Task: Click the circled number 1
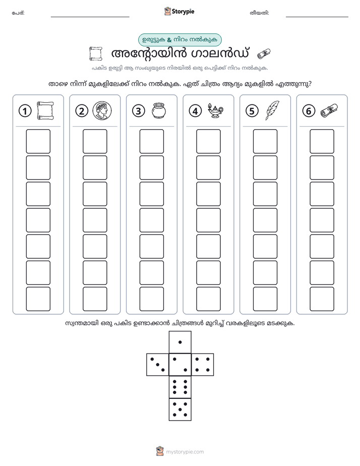pos(25,111)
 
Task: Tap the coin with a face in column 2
pos(102,111)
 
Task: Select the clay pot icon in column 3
pos(159,111)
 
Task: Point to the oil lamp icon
pos(215,111)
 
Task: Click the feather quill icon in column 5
pos(272,110)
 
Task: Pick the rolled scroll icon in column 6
pos(329,110)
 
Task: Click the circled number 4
pos(195,111)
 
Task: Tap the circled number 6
pos(309,111)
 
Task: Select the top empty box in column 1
pos(38,141)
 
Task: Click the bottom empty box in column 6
pos(322,299)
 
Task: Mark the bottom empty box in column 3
pos(152,299)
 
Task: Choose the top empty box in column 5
pos(265,141)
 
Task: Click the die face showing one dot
pos(180,342)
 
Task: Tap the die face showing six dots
pos(180,387)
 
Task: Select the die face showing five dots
pos(180,410)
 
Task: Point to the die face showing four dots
pos(203,365)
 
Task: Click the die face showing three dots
pos(158,365)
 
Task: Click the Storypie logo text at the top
pos(183,12)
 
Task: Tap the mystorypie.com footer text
pos(185,452)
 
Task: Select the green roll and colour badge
pos(180,40)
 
